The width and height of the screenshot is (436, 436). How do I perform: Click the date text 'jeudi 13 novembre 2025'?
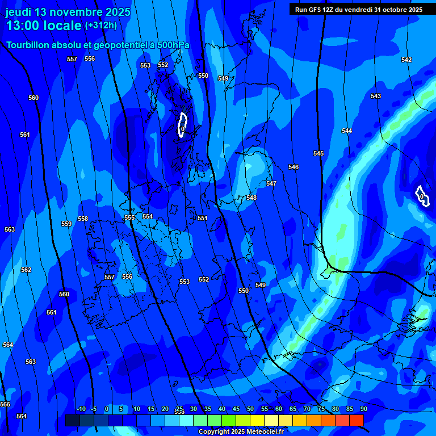[68, 12]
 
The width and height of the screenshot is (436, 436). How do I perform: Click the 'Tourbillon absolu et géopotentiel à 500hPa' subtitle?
[98, 45]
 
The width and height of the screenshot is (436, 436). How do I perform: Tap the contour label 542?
[406, 60]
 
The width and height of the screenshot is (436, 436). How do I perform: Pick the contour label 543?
[376, 96]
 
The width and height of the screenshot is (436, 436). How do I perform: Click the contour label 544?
[347, 131]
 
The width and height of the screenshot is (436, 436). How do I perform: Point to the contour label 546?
[294, 167]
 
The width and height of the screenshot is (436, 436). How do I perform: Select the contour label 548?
[251, 198]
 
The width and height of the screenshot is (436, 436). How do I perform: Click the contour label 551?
[203, 218]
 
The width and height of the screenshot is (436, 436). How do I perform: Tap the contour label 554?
[148, 216]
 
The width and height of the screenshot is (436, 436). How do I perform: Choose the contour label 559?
[66, 224]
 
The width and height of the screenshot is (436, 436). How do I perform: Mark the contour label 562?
[26, 270]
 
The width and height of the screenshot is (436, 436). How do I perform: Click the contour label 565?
[5, 404]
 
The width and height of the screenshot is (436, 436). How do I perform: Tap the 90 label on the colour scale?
[363, 409]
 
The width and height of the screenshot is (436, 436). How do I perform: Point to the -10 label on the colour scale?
[81, 409]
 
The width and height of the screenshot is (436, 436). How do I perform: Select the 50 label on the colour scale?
[250, 409]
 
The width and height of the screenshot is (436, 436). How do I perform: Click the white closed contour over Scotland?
[182, 124]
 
